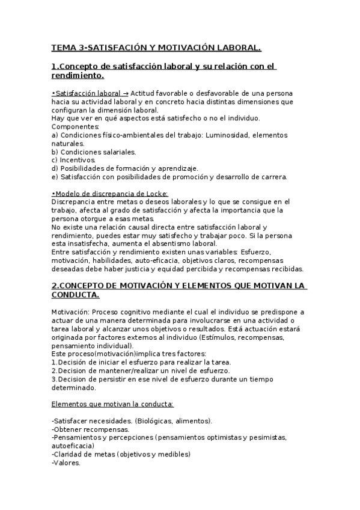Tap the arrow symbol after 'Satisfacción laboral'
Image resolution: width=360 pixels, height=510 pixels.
pyautogui.click(x=125, y=94)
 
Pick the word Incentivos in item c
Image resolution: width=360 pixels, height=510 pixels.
pyautogui.click(x=78, y=161)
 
